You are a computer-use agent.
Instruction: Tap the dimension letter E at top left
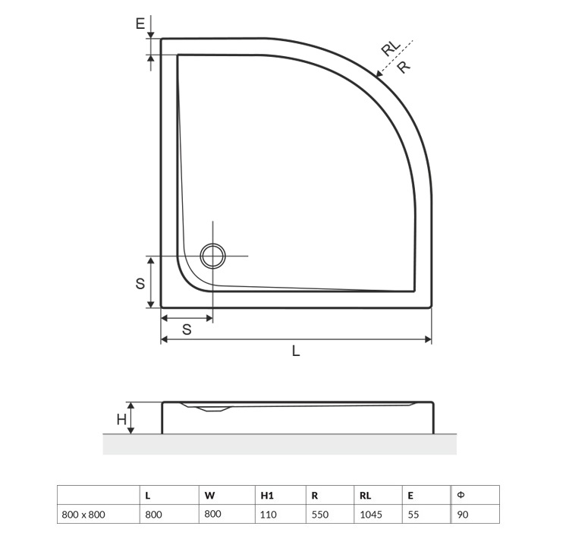[140, 24]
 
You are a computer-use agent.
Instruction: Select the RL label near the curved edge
[391, 48]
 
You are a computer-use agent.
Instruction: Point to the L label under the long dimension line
[296, 351]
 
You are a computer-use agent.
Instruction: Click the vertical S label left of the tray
[140, 284]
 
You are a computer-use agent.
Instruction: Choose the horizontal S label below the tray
[187, 329]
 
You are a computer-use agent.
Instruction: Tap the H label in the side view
[121, 420]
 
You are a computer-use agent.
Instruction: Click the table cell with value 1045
[371, 515]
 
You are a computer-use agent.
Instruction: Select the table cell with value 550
[320, 515]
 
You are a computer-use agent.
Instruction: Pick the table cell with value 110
[269, 515]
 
